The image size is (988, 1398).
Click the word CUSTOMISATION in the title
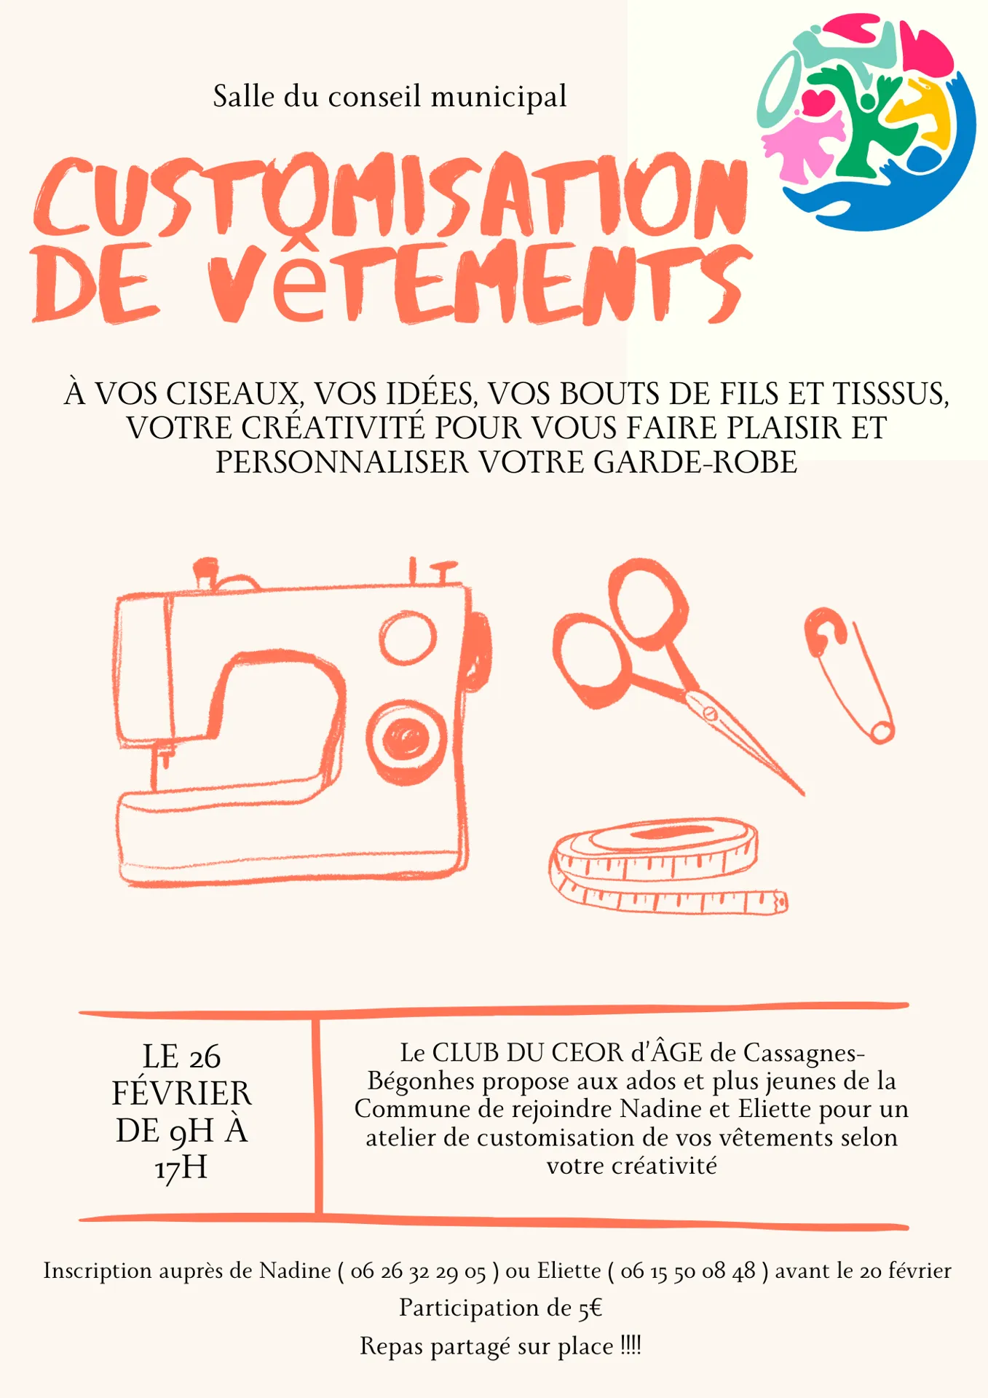click(391, 197)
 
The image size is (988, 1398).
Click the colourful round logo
click(866, 122)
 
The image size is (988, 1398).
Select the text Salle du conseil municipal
click(390, 96)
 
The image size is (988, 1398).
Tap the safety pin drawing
click(849, 674)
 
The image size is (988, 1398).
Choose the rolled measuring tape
click(666, 866)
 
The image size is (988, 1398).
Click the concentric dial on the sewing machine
click(406, 741)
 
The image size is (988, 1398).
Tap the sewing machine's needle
click(163, 765)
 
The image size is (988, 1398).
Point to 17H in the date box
click(181, 1167)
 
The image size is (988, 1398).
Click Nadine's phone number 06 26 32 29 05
click(418, 1271)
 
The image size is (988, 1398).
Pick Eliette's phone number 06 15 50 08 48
click(688, 1271)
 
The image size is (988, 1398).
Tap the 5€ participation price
click(590, 1308)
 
